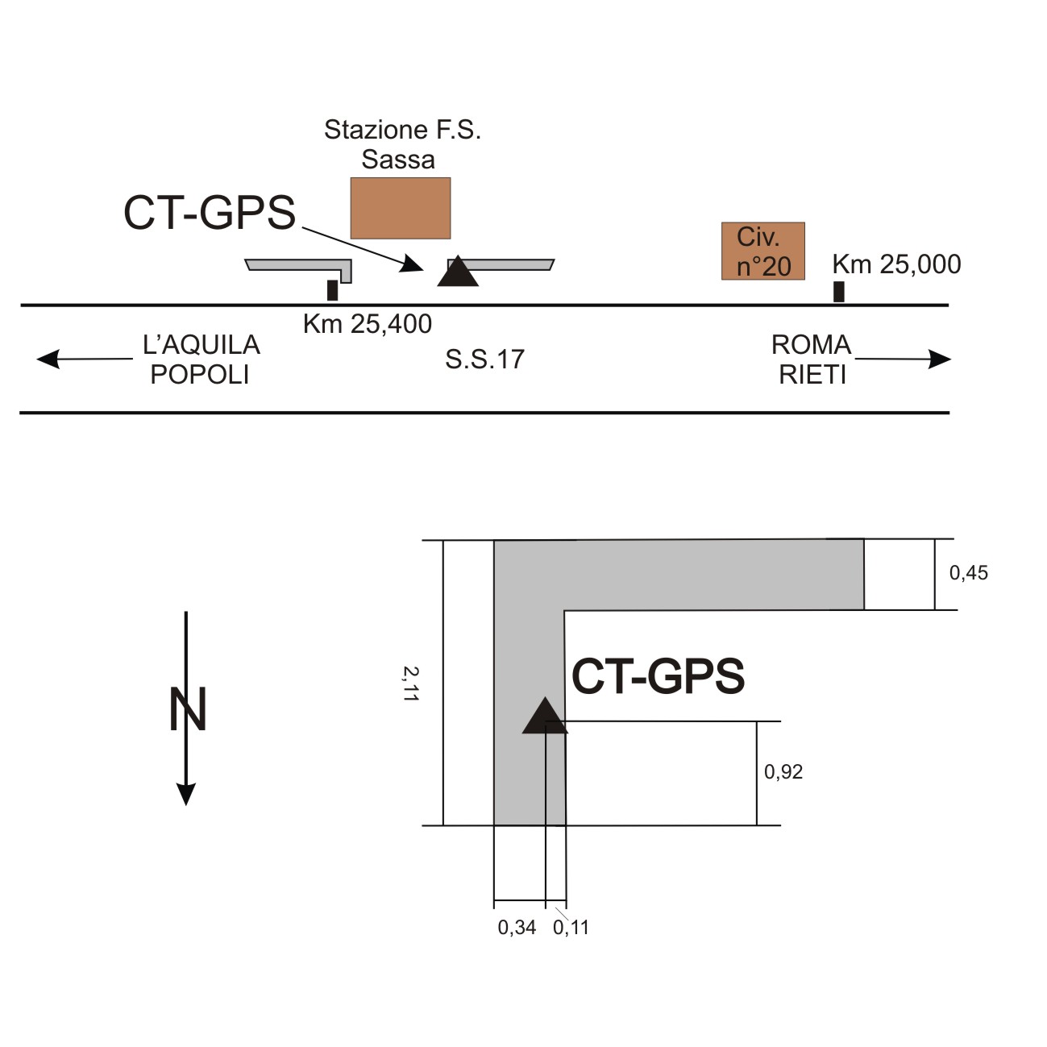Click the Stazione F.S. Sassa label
(401, 144)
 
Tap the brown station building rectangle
(401, 208)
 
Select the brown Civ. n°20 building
(762, 251)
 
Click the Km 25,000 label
(896, 264)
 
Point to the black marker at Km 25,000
(839, 292)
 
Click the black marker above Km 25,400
(332, 290)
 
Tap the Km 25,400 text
(368, 324)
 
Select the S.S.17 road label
(484, 359)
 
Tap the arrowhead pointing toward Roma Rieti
(940, 359)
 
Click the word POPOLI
(200, 375)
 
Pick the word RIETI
(812, 376)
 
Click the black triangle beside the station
(458, 272)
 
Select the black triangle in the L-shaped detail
(545, 717)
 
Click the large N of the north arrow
(188, 709)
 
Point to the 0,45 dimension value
(968, 573)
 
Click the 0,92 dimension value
(783, 772)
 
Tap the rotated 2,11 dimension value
(411, 683)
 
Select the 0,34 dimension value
(517, 928)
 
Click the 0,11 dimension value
(571, 928)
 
